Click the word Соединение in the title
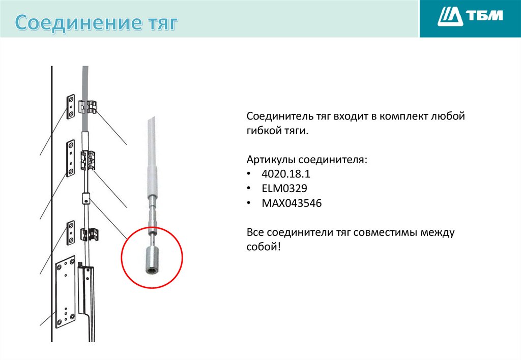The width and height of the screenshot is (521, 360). (78, 22)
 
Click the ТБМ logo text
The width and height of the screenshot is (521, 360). (485, 16)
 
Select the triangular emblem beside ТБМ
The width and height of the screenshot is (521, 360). (450, 16)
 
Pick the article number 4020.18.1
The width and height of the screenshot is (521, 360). (286, 174)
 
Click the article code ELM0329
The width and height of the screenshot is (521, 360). (284, 188)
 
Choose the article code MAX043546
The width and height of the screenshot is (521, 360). (292, 203)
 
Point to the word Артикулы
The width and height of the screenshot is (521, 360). (271, 160)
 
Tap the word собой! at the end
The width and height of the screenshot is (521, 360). (264, 247)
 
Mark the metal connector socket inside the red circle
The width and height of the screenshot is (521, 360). (151, 260)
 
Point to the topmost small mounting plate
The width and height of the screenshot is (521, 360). (71, 107)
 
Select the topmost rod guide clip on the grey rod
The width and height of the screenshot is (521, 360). (88, 107)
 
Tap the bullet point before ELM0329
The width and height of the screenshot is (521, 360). (248, 188)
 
